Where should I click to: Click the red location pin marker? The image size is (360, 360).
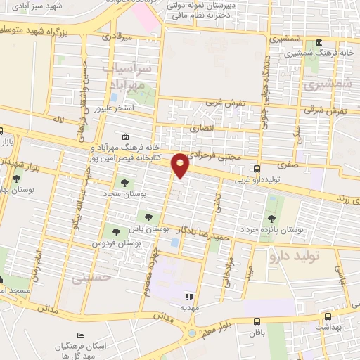[181, 165]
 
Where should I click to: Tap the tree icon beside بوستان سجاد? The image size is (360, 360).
[124, 183]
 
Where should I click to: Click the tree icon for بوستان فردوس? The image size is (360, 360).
[116, 231]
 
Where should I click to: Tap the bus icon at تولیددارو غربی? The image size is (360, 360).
[258, 169]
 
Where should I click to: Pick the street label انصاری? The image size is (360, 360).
[200, 128]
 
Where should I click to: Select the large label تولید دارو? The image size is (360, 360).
[294, 257]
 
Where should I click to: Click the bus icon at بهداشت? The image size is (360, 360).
[328, 316]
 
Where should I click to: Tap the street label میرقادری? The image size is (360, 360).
[116, 34]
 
